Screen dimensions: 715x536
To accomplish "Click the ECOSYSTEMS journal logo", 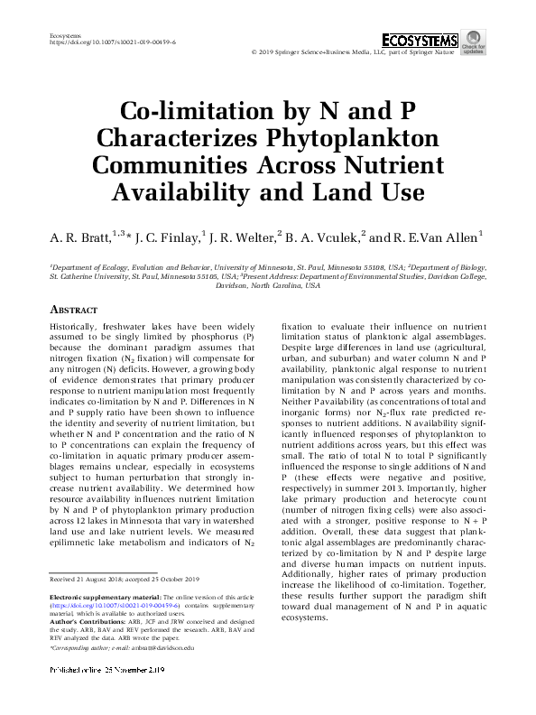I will coord(419,41).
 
